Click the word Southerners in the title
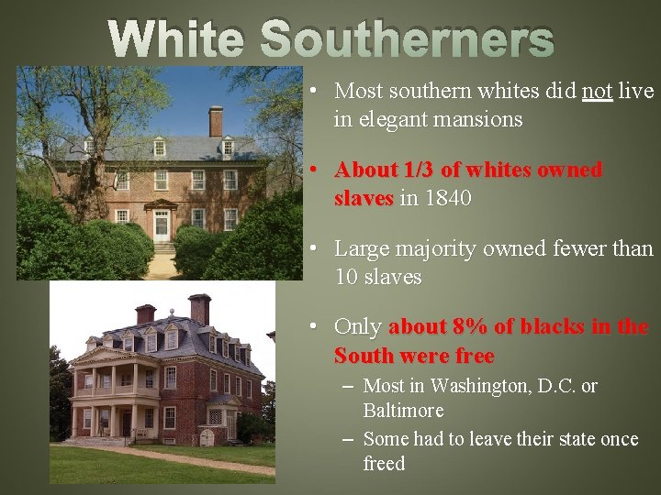pos(408,39)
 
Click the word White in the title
pos(176,39)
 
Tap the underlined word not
pos(597,92)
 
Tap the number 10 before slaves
pos(346,277)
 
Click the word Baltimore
pos(403,410)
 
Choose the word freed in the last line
pos(384,463)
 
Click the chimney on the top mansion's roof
pos(216,120)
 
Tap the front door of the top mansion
pos(162,224)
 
